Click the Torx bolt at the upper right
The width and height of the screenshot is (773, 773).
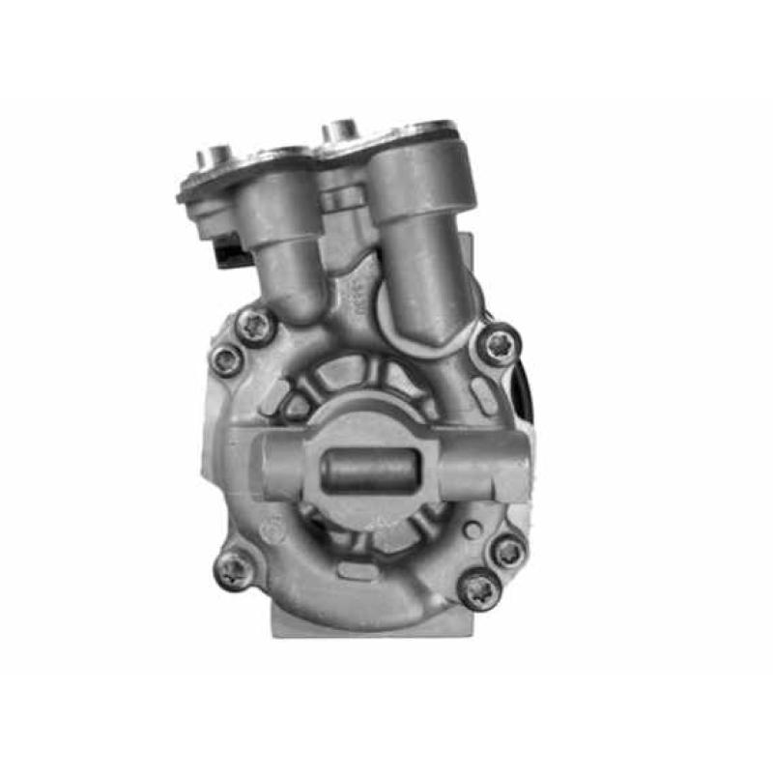coord(500,344)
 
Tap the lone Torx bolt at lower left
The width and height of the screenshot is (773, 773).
coord(233,569)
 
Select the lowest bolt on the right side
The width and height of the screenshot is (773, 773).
coord(479,588)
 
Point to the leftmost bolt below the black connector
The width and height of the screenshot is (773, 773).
coord(228,360)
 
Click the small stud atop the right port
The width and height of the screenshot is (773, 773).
coord(340,130)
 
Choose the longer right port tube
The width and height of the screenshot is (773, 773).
coord(425,251)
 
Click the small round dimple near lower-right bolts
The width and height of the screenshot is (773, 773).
coord(471,530)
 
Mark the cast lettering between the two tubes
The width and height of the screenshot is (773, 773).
coord(354,290)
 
